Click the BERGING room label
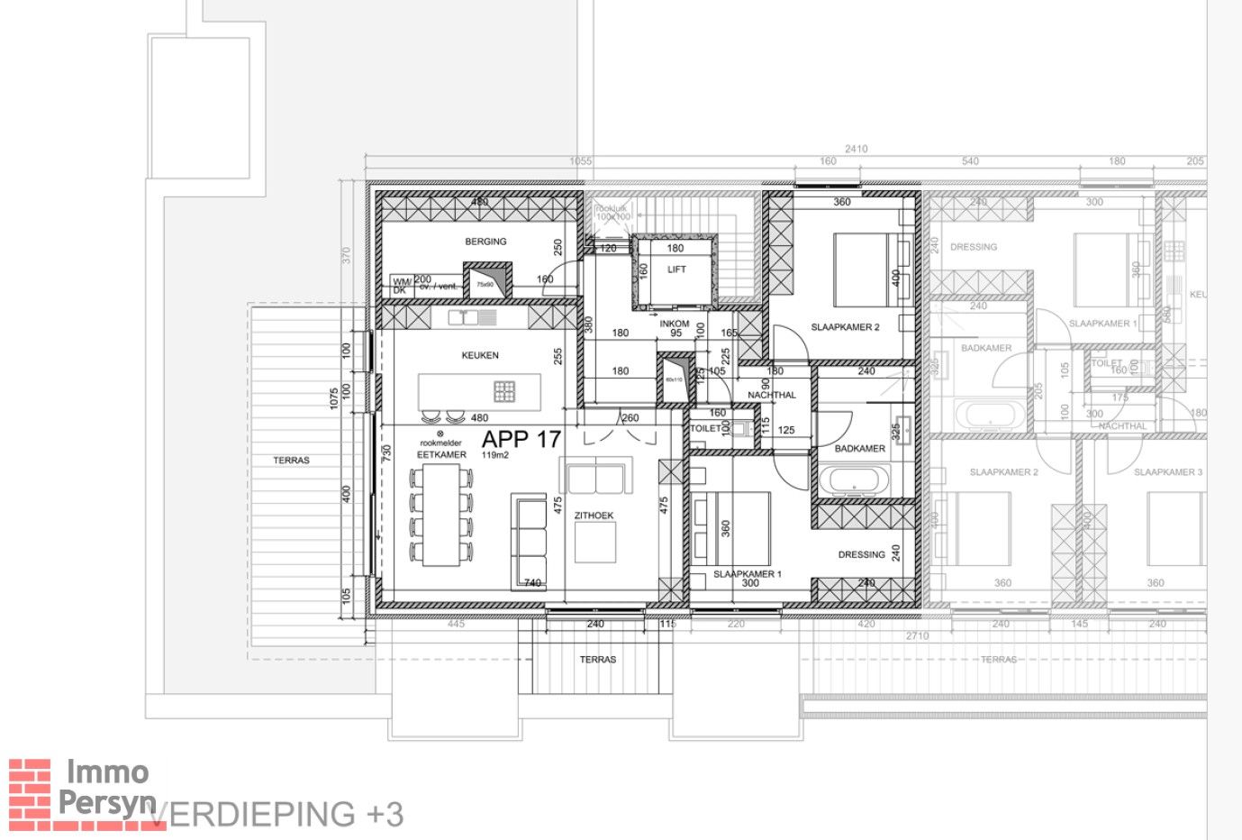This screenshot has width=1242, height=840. click(x=485, y=242)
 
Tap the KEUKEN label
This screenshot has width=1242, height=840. click(x=480, y=355)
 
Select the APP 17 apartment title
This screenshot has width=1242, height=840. click(x=521, y=440)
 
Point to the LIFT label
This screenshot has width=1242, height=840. click(x=676, y=269)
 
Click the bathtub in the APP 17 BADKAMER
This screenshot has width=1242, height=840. click(x=853, y=480)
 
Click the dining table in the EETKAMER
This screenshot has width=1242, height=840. click(x=441, y=517)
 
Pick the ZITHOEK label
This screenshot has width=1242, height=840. click(x=594, y=516)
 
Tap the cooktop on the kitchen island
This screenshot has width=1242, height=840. click(x=504, y=391)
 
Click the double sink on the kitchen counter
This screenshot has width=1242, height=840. click(x=472, y=317)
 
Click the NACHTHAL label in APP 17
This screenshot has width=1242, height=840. click(x=772, y=395)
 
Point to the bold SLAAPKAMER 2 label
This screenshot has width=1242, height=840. click(x=845, y=327)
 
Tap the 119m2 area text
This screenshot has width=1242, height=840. click(x=494, y=456)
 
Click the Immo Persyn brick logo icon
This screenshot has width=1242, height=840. click(x=30, y=793)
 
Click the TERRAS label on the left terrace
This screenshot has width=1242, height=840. click(x=291, y=461)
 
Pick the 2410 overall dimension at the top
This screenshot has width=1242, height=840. click(x=856, y=150)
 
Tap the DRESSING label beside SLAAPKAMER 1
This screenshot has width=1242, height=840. click(x=861, y=555)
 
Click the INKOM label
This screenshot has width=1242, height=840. click(x=675, y=324)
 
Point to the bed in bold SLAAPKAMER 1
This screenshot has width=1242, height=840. click(x=731, y=526)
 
